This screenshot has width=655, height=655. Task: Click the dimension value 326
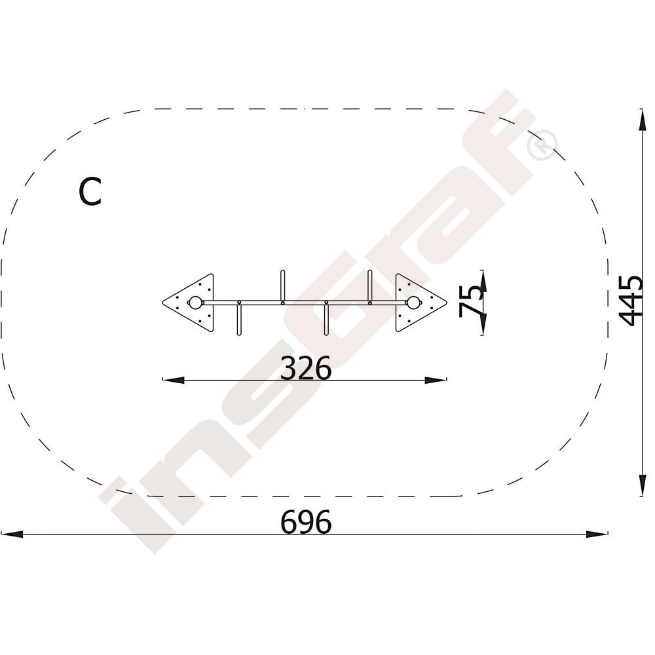pyautogui.click(x=306, y=368)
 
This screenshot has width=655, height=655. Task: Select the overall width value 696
pyautogui.click(x=306, y=522)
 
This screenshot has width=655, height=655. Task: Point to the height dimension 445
pyautogui.click(x=631, y=300)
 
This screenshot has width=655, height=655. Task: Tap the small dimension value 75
pyautogui.click(x=470, y=301)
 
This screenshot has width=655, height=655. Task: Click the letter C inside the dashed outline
pyautogui.click(x=90, y=192)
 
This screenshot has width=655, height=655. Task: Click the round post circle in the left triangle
pyautogui.click(x=195, y=303)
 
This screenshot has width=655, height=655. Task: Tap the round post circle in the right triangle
pyautogui.click(x=413, y=303)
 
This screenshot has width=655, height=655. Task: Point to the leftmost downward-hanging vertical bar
pyautogui.click(x=239, y=320)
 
